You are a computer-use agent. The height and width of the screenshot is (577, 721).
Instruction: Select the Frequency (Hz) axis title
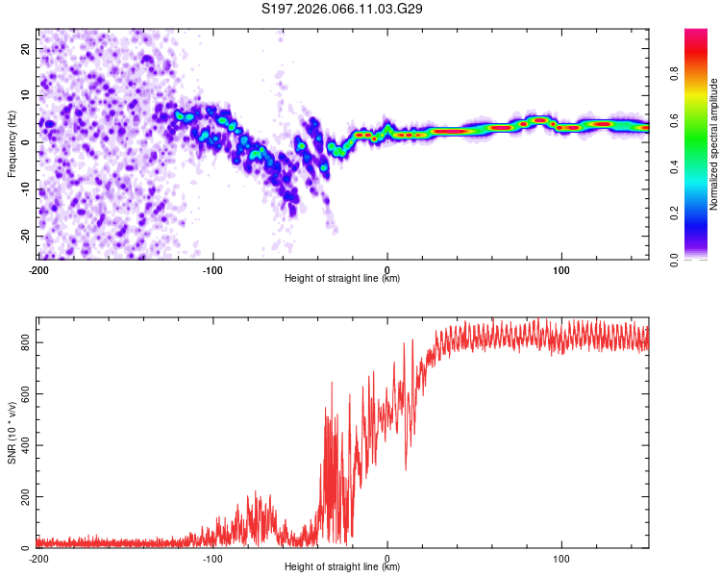pos(12,143)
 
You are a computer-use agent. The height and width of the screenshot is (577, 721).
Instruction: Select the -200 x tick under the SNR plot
pos(38,558)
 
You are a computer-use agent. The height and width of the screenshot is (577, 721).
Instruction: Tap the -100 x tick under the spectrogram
pos(212,269)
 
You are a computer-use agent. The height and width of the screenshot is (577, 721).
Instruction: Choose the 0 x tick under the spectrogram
pos(387,269)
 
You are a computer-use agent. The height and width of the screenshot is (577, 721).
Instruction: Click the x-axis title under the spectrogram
pos(342,279)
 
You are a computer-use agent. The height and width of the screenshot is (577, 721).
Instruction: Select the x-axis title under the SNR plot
pos(342,567)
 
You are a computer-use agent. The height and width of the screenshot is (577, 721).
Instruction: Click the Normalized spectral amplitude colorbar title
pos(714,144)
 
